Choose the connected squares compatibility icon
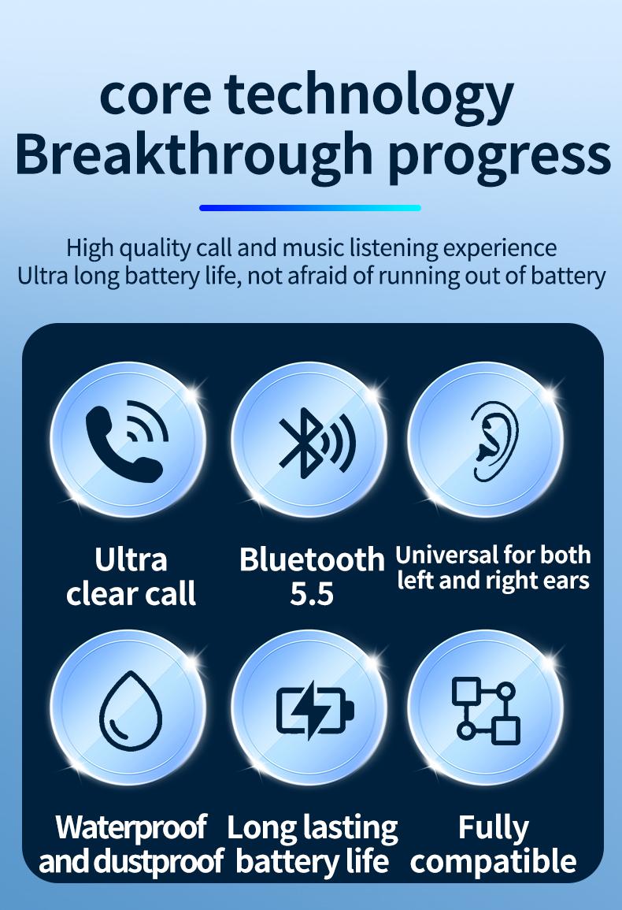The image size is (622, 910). coord(486,710)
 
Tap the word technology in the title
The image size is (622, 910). coord(369,95)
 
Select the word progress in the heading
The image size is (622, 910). coord(500,155)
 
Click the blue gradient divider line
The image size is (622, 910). coord(310,208)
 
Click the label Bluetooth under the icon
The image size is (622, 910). coord(312,559)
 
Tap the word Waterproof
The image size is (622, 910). coord(131,827)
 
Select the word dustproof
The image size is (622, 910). coord(159,861)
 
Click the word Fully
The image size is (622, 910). coord(494,827)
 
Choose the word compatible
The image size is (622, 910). coord(494,861)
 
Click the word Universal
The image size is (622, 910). coord(446,555)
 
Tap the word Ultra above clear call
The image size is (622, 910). coord(131,559)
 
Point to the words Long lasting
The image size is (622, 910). coord(313,827)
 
